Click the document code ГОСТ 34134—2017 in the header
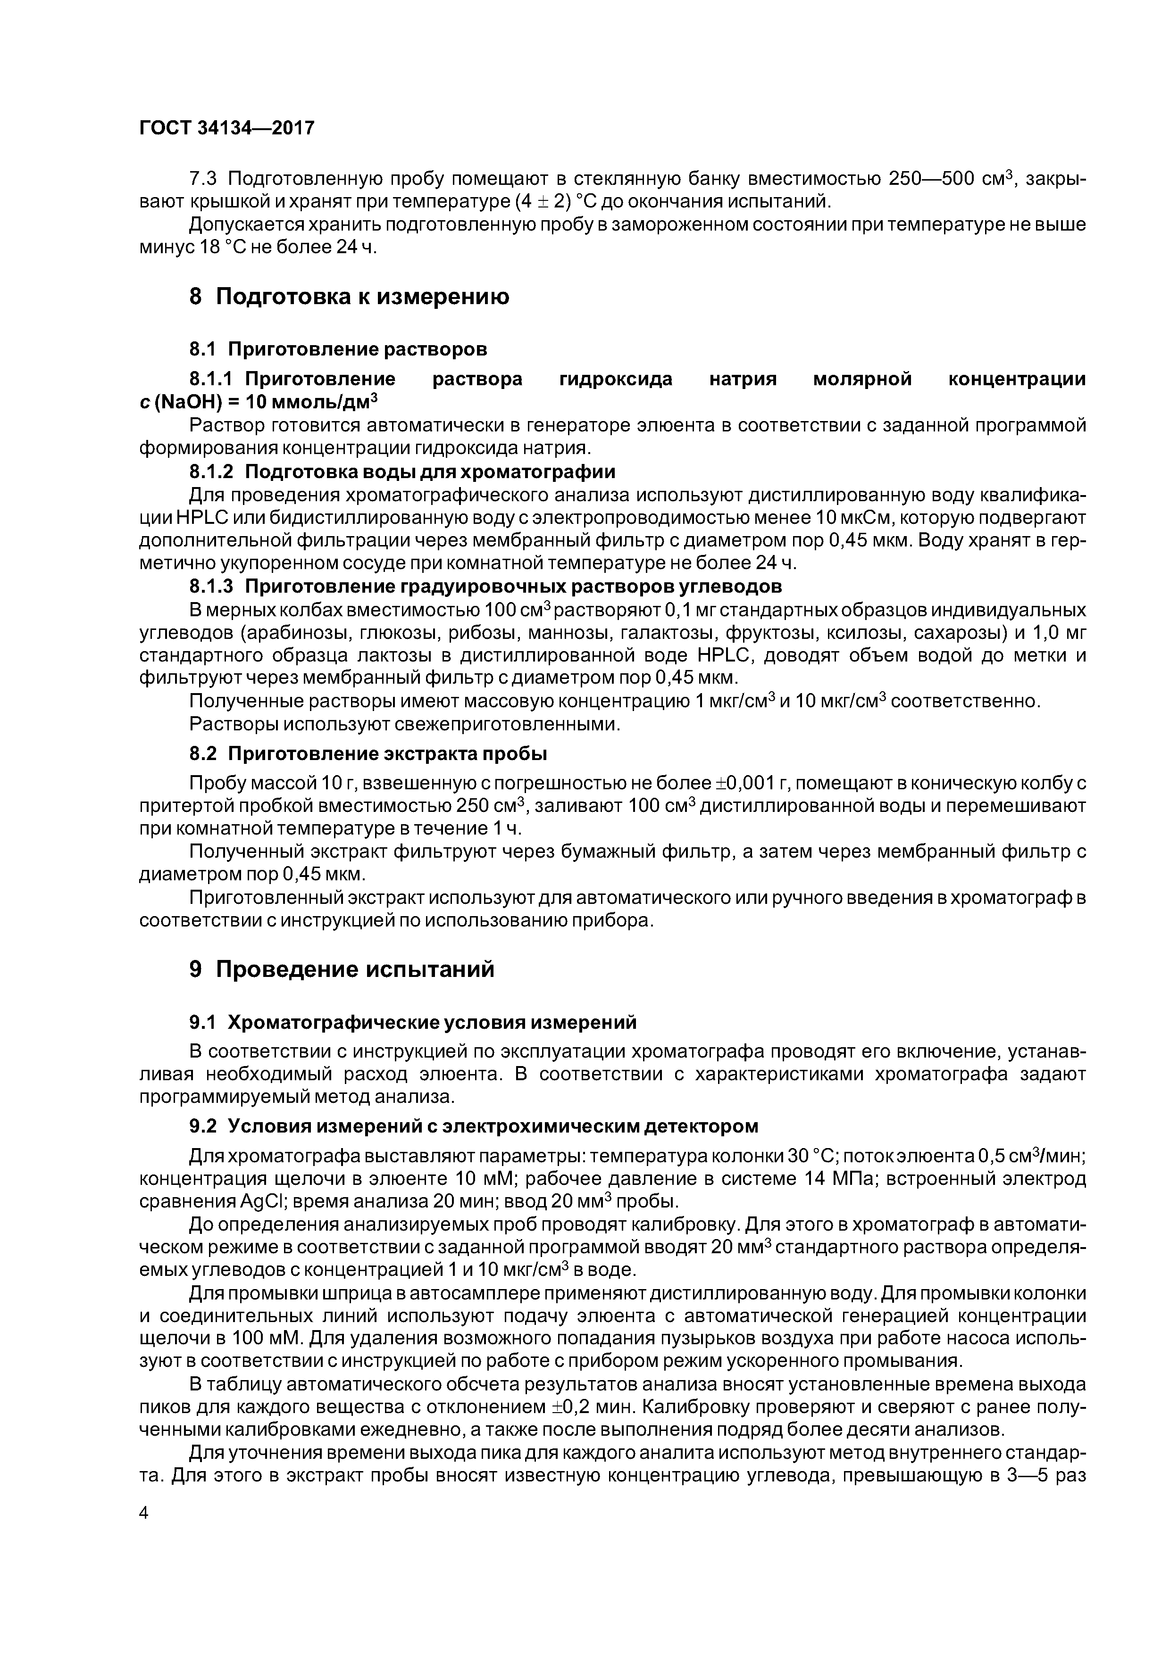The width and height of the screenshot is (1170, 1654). tap(226, 128)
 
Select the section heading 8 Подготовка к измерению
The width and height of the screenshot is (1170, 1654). tap(349, 296)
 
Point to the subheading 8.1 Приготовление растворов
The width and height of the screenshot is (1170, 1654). tap(338, 349)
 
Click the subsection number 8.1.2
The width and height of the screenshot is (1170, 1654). tap(212, 472)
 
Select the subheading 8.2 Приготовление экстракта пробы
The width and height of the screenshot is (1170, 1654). tap(368, 753)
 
